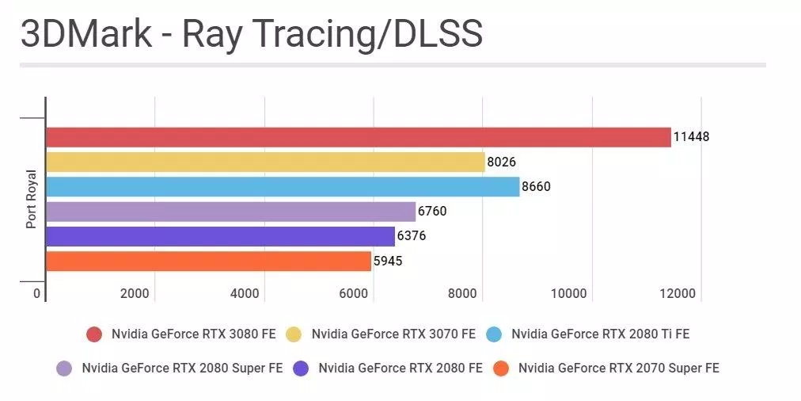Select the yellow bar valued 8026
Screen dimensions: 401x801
coord(265,162)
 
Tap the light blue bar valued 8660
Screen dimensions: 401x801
coord(283,187)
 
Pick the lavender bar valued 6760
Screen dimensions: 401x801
coord(230,212)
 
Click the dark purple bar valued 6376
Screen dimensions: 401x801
coord(220,236)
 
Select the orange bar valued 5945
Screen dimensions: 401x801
coord(208,261)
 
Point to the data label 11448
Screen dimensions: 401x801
coord(691,136)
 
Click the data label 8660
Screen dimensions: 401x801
coord(536,187)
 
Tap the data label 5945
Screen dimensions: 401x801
coord(388,261)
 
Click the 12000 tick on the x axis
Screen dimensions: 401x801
coord(678,294)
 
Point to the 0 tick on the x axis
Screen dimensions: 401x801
coord(36,294)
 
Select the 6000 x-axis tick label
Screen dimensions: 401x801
coord(353,294)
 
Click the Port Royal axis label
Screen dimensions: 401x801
coord(32,199)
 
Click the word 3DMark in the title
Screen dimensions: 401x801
coord(86,35)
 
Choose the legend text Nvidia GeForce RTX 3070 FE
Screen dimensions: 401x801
coord(393,334)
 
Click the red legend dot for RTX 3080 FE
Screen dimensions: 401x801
coord(94,334)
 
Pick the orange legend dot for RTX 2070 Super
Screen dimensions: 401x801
coord(501,368)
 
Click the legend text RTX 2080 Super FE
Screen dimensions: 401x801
coord(182,368)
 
